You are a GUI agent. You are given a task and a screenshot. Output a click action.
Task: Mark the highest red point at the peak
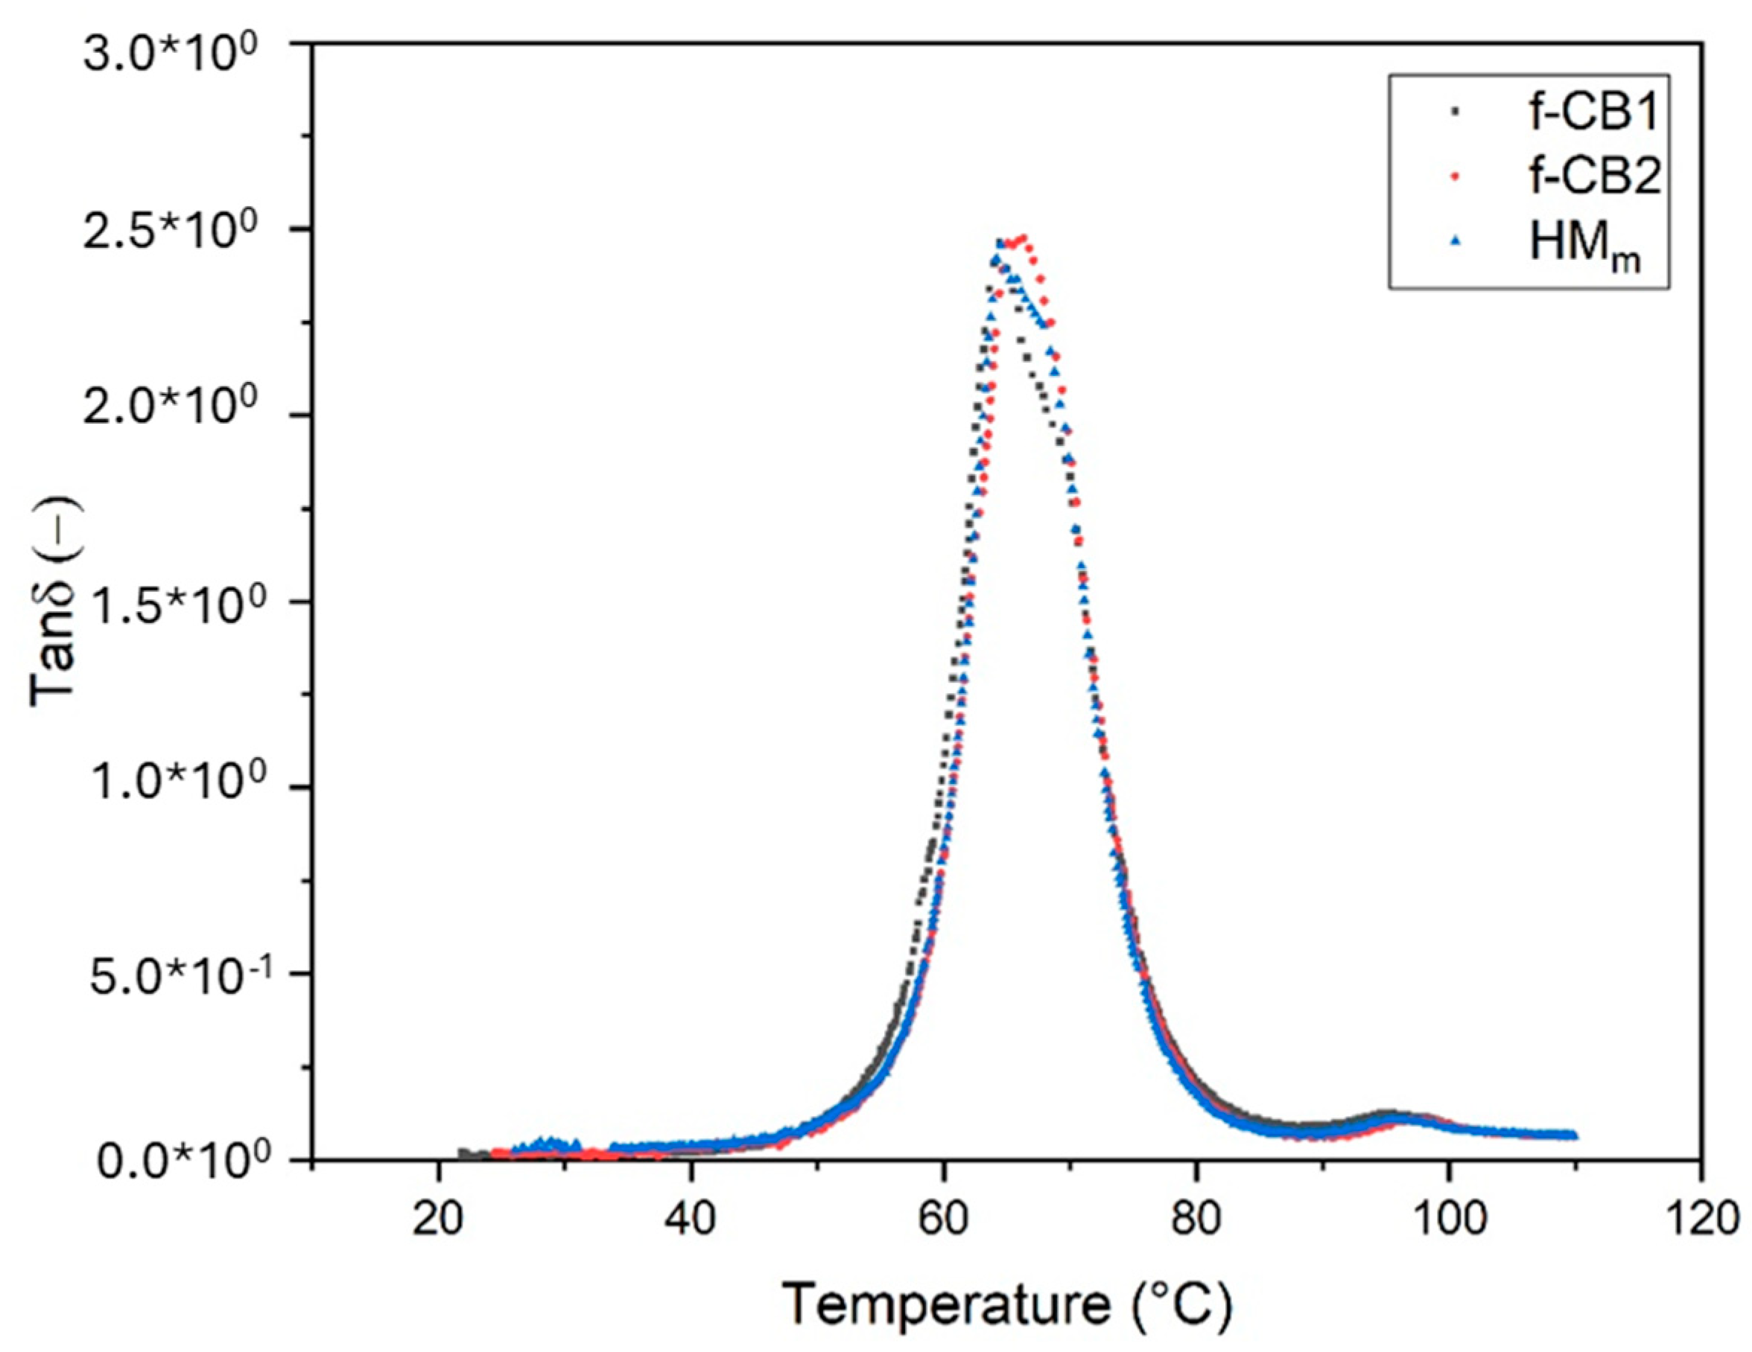(x=1022, y=238)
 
